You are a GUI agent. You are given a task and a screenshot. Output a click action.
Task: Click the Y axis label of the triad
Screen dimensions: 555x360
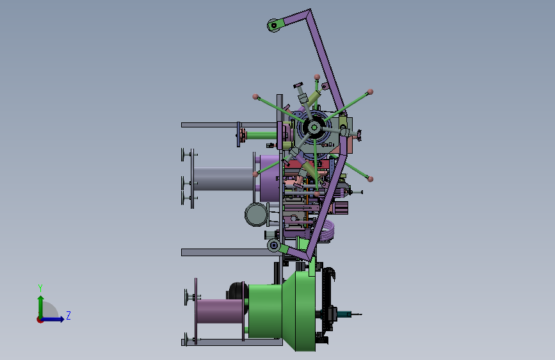tap(40, 288)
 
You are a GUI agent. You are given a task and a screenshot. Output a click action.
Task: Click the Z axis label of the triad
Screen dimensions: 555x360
tap(68, 315)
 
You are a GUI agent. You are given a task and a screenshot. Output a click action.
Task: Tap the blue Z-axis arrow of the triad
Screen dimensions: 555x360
tap(52, 319)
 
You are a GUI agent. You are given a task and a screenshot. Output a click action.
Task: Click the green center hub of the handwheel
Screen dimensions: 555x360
tap(314, 127)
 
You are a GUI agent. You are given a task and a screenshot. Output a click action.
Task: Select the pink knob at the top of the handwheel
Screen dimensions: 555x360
tap(317, 77)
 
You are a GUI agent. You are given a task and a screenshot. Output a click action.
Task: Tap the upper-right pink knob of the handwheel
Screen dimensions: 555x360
tap(370, 92)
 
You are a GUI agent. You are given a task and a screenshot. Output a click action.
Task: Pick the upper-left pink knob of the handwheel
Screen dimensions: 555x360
tap(255, 96)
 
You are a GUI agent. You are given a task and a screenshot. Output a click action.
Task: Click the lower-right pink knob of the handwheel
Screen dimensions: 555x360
tap(370, 179)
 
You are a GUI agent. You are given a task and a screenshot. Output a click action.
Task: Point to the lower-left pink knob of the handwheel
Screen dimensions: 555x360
tap(255, 174)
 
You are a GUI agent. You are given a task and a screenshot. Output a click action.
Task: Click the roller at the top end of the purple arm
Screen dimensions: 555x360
tap(273, 25)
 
